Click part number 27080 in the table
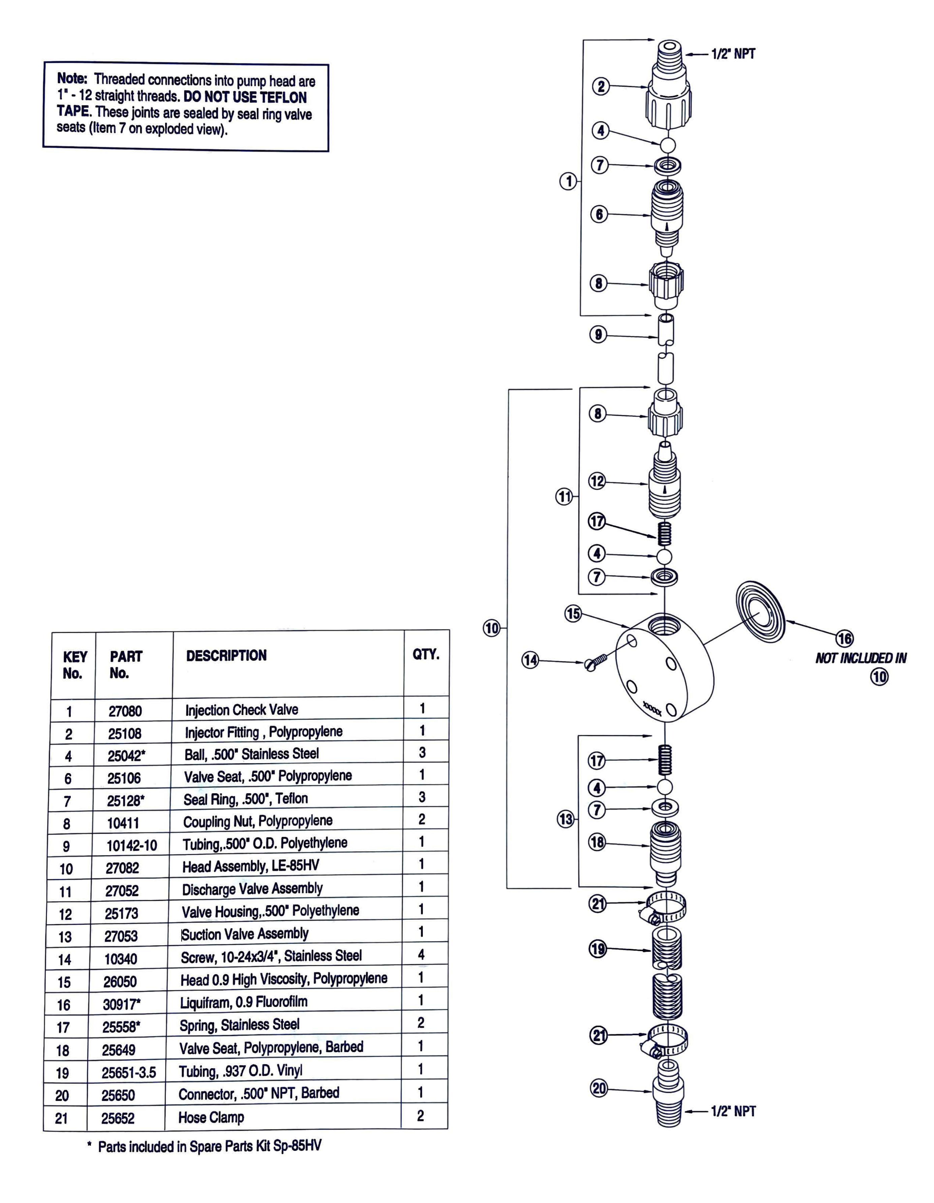(x=125, y=711)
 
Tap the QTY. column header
(x=426, y=654)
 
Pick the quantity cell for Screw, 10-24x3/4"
(x=421, y=955)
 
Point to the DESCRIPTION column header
(x=226, y=655)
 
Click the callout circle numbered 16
(x=845, y=639)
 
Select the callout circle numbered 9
(x=598, y=334)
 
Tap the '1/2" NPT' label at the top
(x=733, y=54)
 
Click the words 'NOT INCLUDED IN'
(x=860, y=658)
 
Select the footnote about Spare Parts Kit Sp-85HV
(x=204, y=1146)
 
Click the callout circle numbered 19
(x=598, y=949)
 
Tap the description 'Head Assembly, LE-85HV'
(x=251, y=866)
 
